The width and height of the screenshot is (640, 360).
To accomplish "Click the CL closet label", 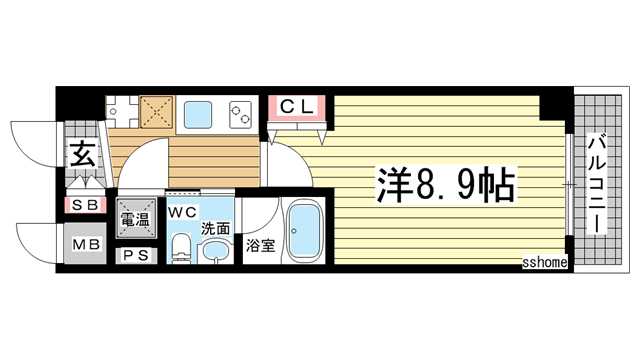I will [x=296, y=105].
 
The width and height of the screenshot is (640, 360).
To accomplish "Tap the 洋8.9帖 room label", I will [x=446, y=183].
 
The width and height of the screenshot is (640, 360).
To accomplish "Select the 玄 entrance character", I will [x=81, y=155].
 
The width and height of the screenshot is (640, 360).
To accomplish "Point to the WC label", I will [x=181, y=211].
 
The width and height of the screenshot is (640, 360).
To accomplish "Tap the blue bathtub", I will [x=300, y=232].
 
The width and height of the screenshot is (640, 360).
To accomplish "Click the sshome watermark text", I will [x=545, y=262].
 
